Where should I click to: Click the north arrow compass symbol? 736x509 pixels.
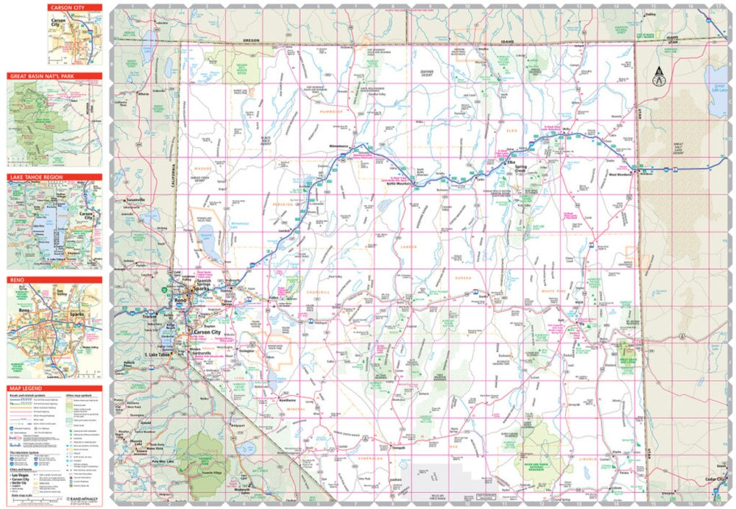coord(658,74)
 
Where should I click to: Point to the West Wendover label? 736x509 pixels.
coord(621,174)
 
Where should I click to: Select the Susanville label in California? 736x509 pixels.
coord(138,200)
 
